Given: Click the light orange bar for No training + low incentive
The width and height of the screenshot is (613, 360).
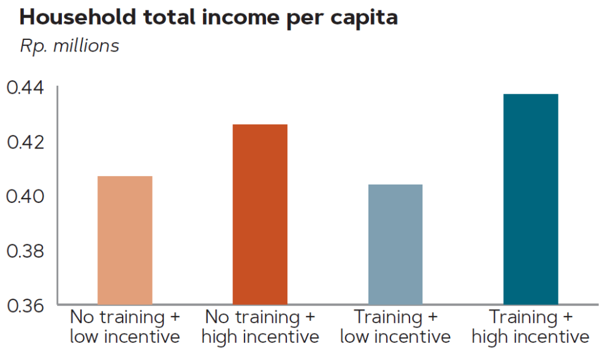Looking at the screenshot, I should pos(125,240).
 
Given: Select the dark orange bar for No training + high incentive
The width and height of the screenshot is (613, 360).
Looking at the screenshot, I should pos(260,214).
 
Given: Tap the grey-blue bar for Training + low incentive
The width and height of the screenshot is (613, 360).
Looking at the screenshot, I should pos(395,244).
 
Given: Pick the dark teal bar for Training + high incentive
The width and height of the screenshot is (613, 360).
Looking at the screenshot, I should pos(530,199).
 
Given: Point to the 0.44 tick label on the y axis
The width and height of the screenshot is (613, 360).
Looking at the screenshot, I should pos(25,88).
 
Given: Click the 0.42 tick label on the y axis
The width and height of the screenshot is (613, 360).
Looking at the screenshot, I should pos(25,142).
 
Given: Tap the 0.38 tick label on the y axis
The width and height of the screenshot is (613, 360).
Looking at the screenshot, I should pos(25,251).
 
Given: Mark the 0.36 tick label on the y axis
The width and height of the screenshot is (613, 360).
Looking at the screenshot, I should pos(25,305).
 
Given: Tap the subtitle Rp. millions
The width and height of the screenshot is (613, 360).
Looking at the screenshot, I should pos(69,46).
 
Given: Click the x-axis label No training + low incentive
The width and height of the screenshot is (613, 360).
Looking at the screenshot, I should pos(125,327).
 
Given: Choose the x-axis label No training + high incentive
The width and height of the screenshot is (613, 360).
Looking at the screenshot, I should pos(260,327).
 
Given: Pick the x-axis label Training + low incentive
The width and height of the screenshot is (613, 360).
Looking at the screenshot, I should pos(395,327).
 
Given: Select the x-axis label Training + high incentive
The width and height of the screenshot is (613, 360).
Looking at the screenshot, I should pos(530,327).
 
